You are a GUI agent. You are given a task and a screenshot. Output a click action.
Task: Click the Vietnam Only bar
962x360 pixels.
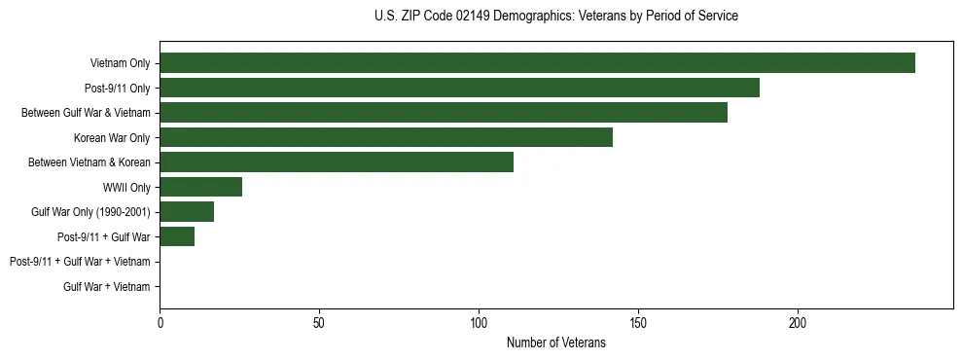tap(537, 63)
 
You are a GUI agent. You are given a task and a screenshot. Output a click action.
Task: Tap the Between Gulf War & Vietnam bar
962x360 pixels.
tap(444, 113)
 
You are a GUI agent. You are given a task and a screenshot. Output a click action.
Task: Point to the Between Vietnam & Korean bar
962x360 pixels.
tap(337, 162)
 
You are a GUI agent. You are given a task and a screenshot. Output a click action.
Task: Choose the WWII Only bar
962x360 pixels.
tap(201, 187)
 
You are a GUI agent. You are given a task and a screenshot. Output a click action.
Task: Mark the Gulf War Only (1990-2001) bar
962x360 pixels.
tap(187, 211)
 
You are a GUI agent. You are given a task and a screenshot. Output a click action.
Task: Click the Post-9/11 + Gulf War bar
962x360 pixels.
tap(177, 236)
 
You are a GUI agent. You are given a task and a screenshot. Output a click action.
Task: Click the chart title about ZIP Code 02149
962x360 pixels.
tap(555, 17)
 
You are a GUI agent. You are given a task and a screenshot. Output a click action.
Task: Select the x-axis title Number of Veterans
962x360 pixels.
tap(555, 342)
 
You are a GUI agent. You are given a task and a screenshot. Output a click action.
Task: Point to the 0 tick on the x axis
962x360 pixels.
tap(160, 322)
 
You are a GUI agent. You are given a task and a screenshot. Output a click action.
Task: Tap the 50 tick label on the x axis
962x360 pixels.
tap(319, 322)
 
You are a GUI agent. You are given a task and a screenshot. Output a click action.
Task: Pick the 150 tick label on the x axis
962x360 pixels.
tap(638, 322)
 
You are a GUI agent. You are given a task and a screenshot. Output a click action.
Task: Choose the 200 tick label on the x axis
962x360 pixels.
tap(797, 322)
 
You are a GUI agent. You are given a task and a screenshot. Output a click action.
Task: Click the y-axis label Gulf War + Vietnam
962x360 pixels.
tap(107, 286)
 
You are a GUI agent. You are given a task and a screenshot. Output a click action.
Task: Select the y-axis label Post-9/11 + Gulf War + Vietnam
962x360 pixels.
tap(80, 261)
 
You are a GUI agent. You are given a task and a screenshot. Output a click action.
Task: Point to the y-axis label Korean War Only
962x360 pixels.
tap(112, 137)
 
